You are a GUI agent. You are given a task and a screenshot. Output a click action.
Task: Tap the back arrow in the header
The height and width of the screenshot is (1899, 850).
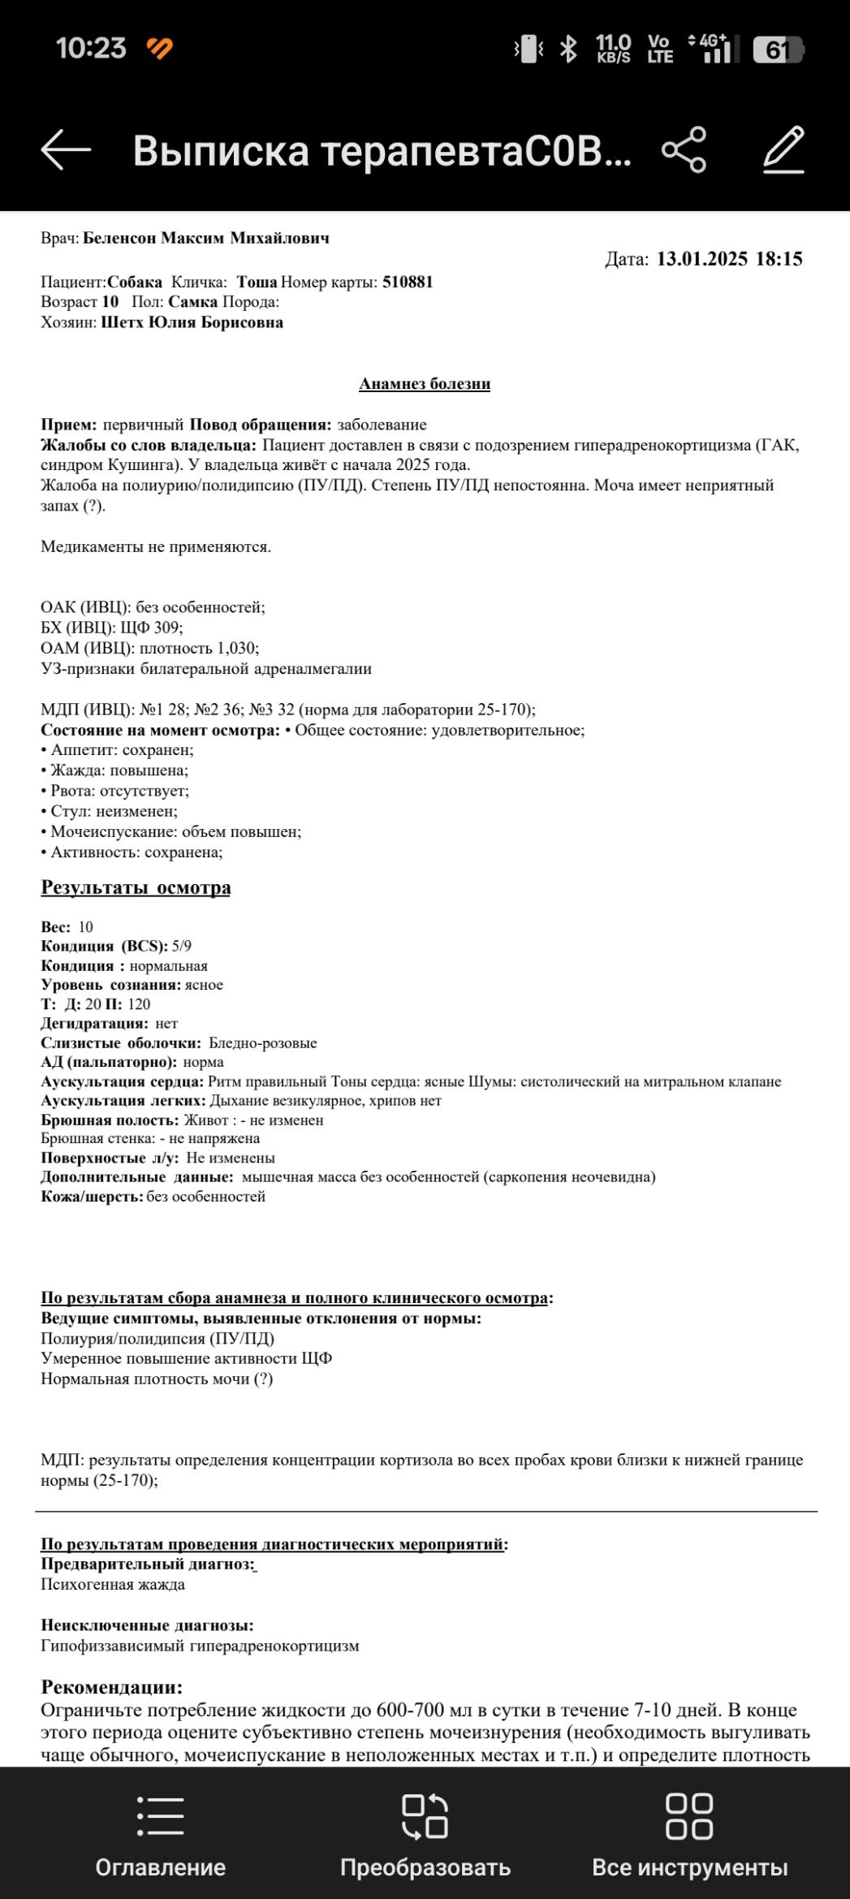(66, 150)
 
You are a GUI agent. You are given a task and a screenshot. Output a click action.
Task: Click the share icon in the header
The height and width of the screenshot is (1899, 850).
(684, 150)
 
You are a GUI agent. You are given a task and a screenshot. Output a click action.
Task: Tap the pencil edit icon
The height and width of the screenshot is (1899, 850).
(783, 150)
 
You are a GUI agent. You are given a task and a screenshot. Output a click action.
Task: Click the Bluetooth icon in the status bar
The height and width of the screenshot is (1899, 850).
(569, 50)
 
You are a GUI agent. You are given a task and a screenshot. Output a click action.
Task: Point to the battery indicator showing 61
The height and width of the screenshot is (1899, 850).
(777, 50)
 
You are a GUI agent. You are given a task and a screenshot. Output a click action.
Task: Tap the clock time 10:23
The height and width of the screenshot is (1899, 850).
(91, 49)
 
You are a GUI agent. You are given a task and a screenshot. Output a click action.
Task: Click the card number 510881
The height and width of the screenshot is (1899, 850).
(408, 283)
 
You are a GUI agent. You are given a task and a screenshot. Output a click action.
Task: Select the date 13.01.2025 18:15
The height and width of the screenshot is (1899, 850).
(729, 259)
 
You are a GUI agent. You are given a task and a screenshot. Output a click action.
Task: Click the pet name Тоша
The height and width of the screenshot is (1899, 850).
(257, 283)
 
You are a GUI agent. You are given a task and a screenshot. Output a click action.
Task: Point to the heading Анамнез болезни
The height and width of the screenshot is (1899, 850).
(425, 384)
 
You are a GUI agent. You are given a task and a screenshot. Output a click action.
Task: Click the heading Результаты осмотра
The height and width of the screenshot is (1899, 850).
(136, 887)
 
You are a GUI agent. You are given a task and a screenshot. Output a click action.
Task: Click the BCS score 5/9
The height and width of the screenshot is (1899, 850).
(182, 946)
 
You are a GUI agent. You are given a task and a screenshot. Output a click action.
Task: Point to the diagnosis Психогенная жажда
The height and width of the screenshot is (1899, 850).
(113, 1584)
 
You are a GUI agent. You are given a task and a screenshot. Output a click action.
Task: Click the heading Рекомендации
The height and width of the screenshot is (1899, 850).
(112, 1687)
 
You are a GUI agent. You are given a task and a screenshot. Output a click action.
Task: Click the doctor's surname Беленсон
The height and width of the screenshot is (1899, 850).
(119, 239)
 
